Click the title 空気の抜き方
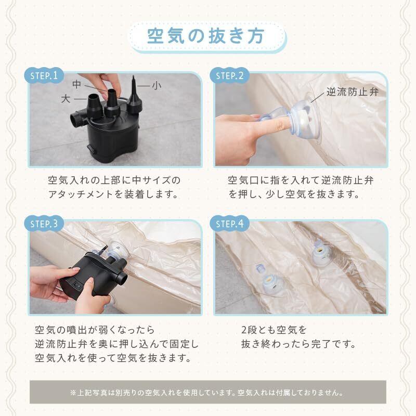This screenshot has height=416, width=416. coord(206,36)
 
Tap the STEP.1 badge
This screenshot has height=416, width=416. coord(44,75)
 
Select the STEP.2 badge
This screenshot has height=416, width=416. coord(229,75)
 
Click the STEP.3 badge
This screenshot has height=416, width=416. coord(44,224)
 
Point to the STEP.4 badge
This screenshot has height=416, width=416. coord(229,224)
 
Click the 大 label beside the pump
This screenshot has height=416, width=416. coord(66,99)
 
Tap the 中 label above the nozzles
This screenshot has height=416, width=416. coord(76,84)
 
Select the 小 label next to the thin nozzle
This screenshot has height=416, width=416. coord(157,85)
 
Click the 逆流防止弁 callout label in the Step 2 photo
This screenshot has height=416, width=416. coord(353,92)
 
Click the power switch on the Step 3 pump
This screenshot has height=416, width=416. coord(77,286)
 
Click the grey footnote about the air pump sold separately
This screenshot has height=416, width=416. coord(207,393)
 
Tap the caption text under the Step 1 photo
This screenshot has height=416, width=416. coord(114,187)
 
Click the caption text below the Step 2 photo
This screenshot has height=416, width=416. coord(301,187)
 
